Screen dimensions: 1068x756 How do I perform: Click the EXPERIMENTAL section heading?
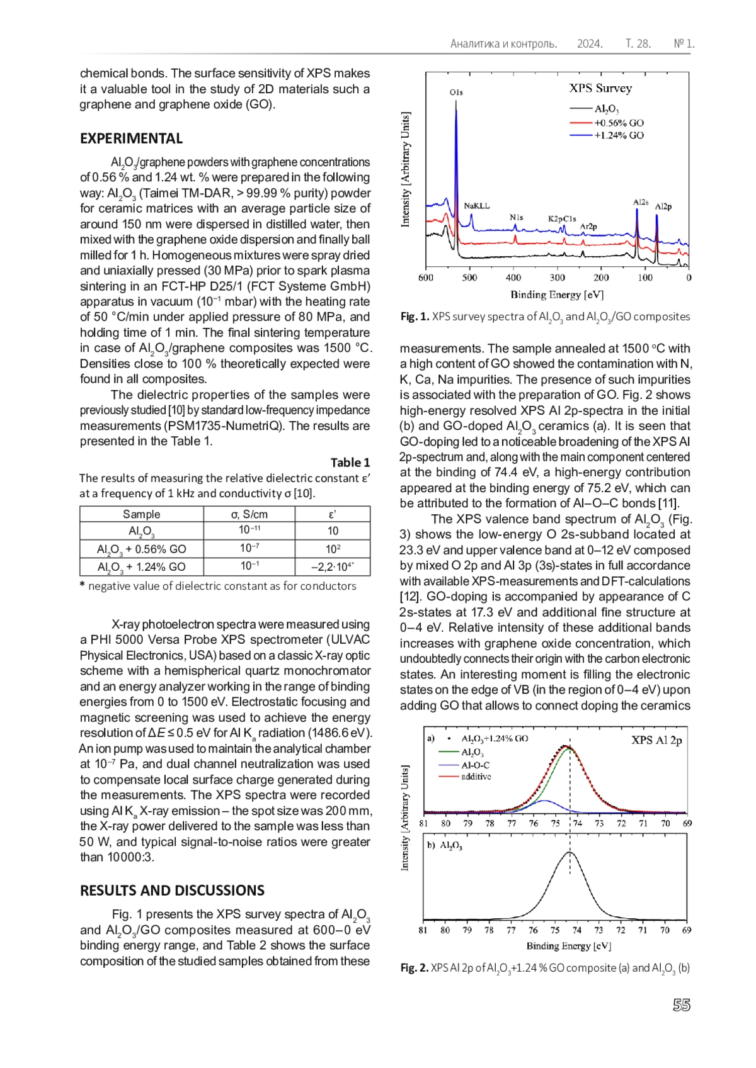131,138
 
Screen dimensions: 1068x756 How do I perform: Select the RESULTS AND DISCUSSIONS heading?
172,890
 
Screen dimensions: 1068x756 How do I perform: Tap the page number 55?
681,1004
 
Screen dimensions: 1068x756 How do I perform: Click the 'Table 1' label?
350,462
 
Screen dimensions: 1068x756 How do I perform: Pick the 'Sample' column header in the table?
141,514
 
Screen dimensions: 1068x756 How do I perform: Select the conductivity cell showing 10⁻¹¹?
249,531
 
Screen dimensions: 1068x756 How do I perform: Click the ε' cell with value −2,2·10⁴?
332,566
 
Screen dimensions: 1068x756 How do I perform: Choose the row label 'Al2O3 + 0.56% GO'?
141,549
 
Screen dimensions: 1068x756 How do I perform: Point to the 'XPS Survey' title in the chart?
600,88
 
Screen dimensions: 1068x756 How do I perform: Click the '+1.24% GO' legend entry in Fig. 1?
619,135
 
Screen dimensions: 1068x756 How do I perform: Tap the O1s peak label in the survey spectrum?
456,92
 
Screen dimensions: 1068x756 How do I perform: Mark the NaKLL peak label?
476,205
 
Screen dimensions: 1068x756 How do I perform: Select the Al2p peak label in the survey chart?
663,206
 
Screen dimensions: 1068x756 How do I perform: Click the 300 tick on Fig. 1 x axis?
557,278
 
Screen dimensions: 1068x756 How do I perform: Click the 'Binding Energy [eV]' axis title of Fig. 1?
557,295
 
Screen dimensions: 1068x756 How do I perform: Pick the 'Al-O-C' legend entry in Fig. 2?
475,765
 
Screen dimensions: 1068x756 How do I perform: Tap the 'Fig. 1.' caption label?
415,317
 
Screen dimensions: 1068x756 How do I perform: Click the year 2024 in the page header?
590,43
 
